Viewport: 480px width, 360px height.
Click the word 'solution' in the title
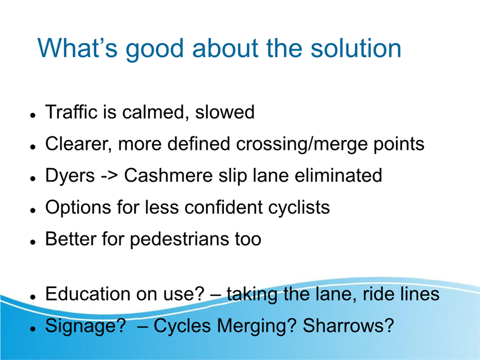pos(356,48)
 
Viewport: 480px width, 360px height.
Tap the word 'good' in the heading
pos(154,51)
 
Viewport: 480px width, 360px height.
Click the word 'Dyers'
pos(70,176)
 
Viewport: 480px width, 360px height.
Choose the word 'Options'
pos(78,208)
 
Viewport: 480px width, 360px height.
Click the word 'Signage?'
pos(86,326)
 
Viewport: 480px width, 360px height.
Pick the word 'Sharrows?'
pos(348,325)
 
